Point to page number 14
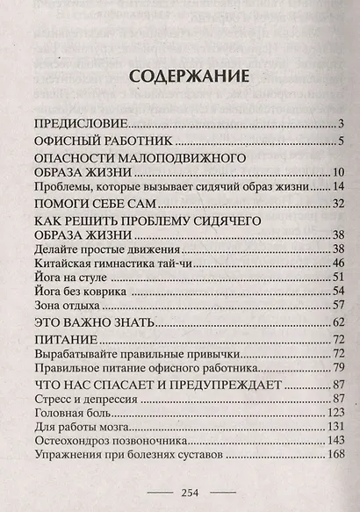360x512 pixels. click(337, 187)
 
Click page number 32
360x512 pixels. click(336, 205)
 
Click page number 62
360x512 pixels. click(336, 323)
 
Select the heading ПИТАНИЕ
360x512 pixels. click(64, 340)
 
